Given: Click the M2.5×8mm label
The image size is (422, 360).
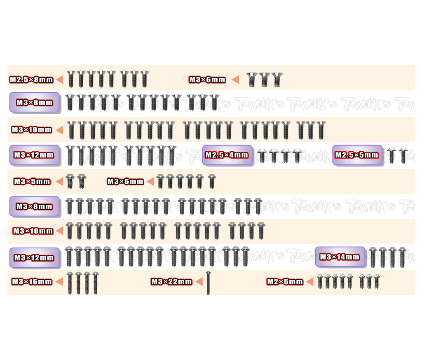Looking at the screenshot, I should (32, 79).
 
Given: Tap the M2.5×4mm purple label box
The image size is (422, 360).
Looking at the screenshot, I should (227, 155).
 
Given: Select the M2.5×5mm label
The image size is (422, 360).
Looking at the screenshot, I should (357, 155).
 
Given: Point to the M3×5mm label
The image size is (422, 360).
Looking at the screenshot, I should (32, 181).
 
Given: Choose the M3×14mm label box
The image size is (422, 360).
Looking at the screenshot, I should (340, 257).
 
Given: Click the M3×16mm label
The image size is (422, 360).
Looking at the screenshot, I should (32, 282).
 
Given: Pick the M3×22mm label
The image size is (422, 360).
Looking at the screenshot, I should (171, 282).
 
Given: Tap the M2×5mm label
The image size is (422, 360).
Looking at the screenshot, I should (285, 282).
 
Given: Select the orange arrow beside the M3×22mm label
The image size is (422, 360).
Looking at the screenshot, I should (199, 282).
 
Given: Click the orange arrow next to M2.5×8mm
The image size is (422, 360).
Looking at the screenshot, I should (59, 79).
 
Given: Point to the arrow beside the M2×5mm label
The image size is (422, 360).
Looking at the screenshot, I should (310, 282).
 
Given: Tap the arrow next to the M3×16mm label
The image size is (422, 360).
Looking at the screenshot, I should (59, 282).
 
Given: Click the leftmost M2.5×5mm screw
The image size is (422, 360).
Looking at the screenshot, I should (392, 156).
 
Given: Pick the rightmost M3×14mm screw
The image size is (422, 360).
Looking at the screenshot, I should (402, 257).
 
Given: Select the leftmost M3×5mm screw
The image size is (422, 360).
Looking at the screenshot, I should (70, 181).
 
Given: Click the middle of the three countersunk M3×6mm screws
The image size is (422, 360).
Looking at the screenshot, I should (264, 79).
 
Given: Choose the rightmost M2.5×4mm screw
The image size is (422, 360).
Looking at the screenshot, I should (297, 156).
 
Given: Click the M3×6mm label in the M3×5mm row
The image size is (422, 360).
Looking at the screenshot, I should (125, 181).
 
